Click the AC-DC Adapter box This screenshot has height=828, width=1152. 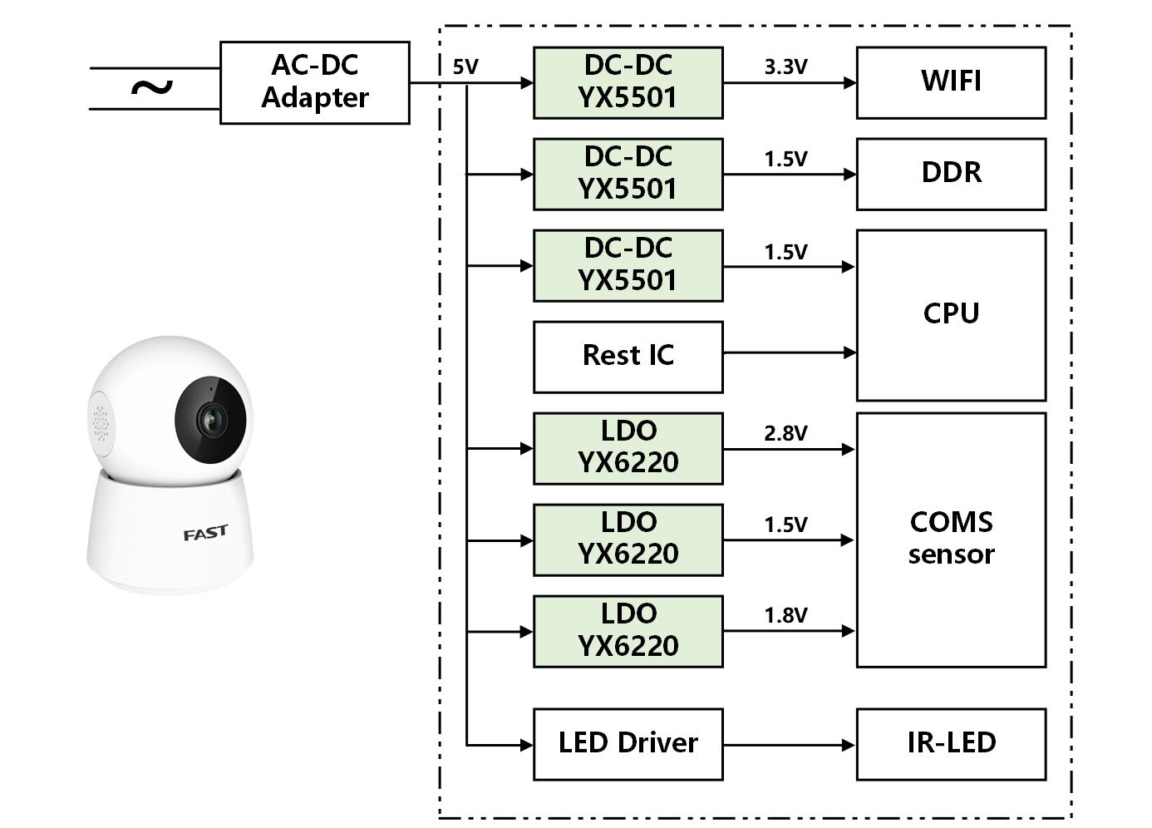coord(314,82)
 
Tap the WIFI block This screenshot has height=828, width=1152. coord(951,82)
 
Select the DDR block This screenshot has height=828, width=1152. coord(951,174)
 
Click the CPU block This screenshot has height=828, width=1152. coord(951,315)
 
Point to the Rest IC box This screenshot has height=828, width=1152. coord(628,357)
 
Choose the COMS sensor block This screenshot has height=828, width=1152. coord(951,540)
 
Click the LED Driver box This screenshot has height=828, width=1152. coord(628,744)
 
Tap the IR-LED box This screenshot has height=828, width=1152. coord(951,744)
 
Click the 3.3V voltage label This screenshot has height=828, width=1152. coord(785,67)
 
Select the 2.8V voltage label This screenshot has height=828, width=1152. coord(785,433)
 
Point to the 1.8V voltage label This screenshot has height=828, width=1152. coord(785,615)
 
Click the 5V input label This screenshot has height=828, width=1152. coord(465,67)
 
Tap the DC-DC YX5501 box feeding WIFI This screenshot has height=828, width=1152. coord(628,82)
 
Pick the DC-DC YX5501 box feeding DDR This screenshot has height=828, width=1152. coord(628,174)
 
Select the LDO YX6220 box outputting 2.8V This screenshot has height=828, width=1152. coord(628,448)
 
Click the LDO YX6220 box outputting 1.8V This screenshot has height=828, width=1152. coord(628,631)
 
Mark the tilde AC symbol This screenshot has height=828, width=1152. coord(152,87)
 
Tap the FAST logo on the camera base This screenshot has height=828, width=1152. coord(205,533)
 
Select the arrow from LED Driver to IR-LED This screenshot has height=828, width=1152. coord(789,745)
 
